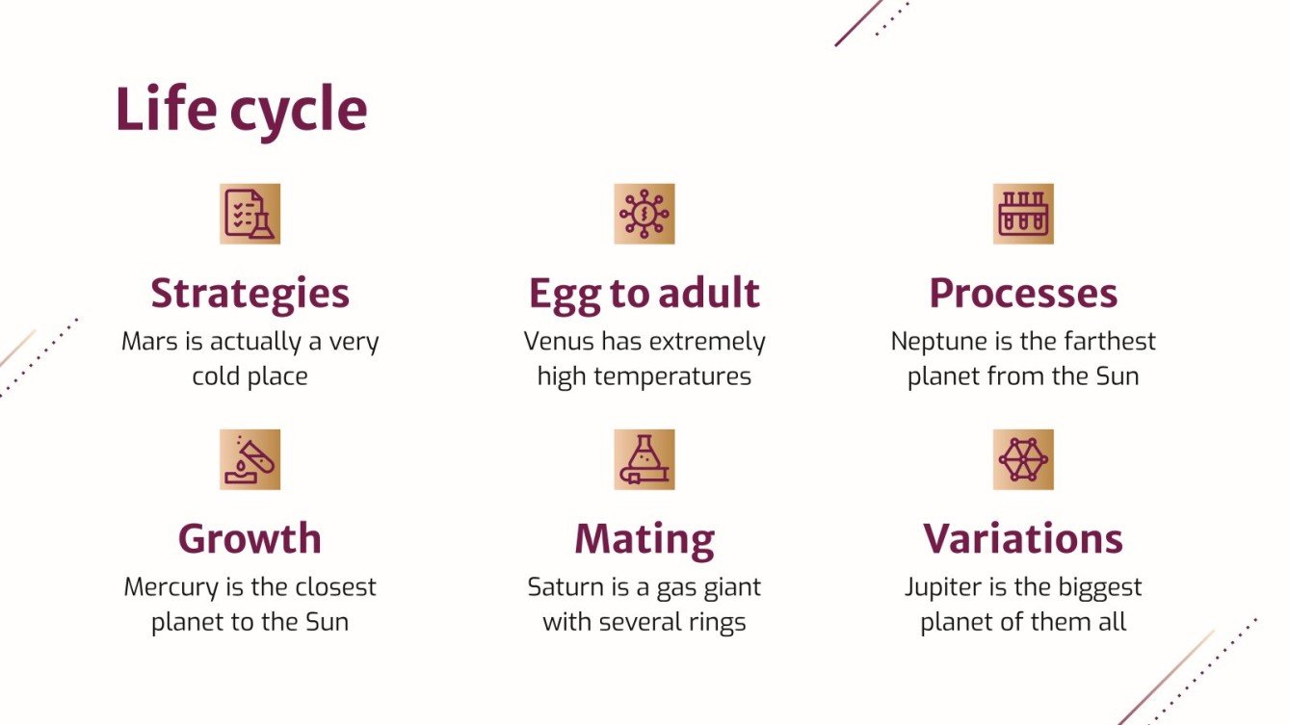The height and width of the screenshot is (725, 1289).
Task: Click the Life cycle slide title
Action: (241, 111)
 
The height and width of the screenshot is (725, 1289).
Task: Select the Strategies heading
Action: (250, 294)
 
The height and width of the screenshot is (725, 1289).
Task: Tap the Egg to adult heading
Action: (644, 294)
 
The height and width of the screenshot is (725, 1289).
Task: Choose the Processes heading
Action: (1023, 294)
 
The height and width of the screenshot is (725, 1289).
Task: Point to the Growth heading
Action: (250, 539)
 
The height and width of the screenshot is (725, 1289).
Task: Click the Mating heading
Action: (644, 539)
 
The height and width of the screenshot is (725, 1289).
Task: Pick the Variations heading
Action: (1023, 539)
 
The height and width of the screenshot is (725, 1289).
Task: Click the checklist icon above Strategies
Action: (250, 214)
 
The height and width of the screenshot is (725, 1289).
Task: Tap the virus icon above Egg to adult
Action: (644, 214)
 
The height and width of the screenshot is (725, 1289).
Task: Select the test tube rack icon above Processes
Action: (1023, 214)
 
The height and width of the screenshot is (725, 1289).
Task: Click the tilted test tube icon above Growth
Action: (250, 459)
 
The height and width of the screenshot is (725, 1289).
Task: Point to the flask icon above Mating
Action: (644, 459)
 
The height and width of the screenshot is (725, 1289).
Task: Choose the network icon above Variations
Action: (1023, 459)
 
